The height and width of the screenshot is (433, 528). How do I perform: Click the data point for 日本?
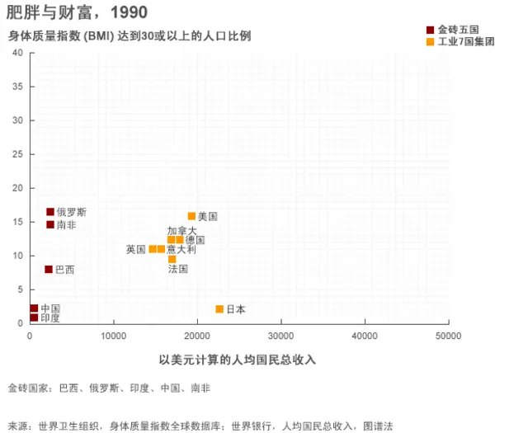(x=219, y=309)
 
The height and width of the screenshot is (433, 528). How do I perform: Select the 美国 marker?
(x=191, y=216)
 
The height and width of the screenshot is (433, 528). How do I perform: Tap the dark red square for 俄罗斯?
(x=50, y=212)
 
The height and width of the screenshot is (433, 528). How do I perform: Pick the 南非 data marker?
(x=50, y=224)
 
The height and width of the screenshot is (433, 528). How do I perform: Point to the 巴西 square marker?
(x=49, y=269)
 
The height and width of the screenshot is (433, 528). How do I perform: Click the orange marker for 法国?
(x=172, y=259)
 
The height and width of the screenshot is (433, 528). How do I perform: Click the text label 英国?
(x=135, y=249)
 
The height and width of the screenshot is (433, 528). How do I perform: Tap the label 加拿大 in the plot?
(x=181, y=231)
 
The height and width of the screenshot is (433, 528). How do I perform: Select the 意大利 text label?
(x=181, y=249)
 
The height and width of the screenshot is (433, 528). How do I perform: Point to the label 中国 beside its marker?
(x=50, y=308)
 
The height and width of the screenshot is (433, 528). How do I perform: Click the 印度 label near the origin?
(x=50, y=318)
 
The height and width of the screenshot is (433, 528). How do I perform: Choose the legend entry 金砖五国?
(x=459, y=30)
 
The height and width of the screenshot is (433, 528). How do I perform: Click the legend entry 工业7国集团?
(x=465, y=41)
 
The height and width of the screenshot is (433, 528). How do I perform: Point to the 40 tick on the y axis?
(x=17, y=53)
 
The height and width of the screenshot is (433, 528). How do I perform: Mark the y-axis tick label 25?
(x=17, y=154)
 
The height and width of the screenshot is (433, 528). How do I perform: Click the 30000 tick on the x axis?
(x=281, y=337)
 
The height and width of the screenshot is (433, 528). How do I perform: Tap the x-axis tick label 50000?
(x=448, y=337)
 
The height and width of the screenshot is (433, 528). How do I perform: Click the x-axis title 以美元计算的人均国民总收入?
(x=238, y=360)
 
